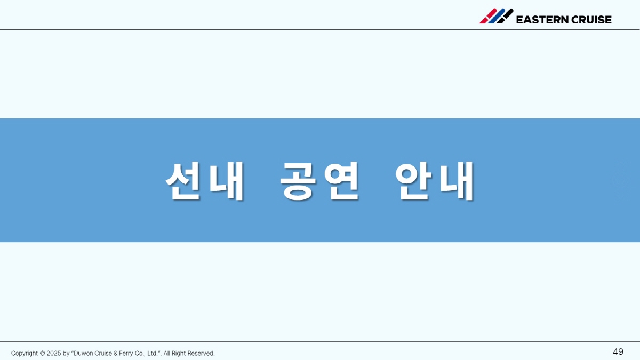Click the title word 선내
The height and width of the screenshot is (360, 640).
tap(205, 181)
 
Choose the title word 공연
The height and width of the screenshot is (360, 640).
tap(319, 181)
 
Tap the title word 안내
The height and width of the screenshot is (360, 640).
tap(435, 181)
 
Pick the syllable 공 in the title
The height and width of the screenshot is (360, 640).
tap(298, 181)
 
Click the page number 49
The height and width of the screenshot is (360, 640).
tap(618, 351)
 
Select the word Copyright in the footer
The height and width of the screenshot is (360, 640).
tap(25, 354)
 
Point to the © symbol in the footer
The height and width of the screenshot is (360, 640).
tap(42, 354)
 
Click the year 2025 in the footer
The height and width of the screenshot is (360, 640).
tap(54, 354)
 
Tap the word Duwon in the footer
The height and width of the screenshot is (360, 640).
tap(83, 354)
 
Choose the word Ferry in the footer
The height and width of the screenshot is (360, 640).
tap(126, 354)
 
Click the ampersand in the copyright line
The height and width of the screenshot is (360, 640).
tap(115, 354)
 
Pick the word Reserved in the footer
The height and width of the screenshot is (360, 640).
tap(201, 354)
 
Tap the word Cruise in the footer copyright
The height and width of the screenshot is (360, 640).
tap(103, 354)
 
